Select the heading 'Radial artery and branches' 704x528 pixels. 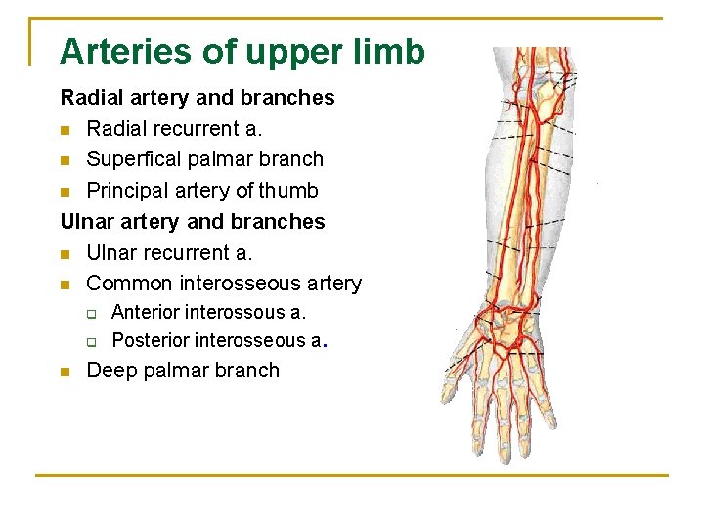[x=198, y=98]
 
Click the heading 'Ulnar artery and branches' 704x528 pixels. [x=193, y=222]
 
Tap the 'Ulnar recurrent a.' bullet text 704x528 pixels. [x=169, y=252]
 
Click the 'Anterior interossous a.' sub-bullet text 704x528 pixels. [x=209, y=313]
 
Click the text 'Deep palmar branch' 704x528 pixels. [x=183, y=371]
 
